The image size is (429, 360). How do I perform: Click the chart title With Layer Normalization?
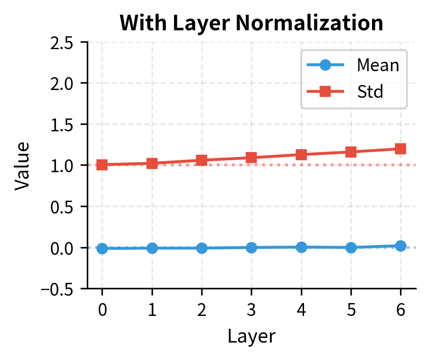[251, 23]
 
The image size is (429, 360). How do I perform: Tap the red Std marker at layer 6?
[401, 149]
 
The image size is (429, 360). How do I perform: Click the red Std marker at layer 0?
[102, 165]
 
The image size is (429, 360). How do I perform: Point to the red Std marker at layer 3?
[251, 158]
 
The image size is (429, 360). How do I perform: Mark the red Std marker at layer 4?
[301, 155]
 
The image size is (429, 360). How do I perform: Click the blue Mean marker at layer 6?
[401, 246]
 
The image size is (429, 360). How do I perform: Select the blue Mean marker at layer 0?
[102, 248]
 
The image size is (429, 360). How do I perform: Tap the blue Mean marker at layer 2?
[202, 248]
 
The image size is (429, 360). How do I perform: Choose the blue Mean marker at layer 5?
[351, 247]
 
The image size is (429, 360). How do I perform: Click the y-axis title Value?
[23, 165]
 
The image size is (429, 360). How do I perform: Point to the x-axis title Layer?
[251, 337]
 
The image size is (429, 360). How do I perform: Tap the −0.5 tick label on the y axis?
[62, 289]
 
